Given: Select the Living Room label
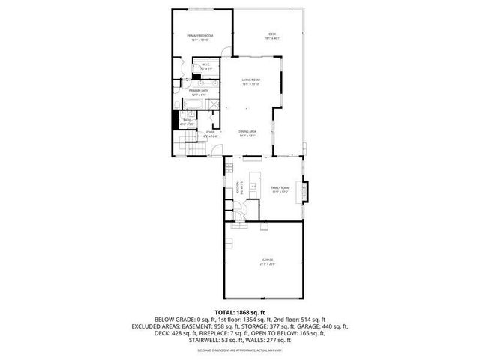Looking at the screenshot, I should coord(250,80).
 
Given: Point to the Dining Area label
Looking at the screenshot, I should coord(248,133).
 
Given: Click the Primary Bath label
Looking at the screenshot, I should coord(199,92).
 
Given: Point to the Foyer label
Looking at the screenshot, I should coord(211,133).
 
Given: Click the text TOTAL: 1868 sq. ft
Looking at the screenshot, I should coord(240,312).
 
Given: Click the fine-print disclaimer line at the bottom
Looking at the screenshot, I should coord(240,350).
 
